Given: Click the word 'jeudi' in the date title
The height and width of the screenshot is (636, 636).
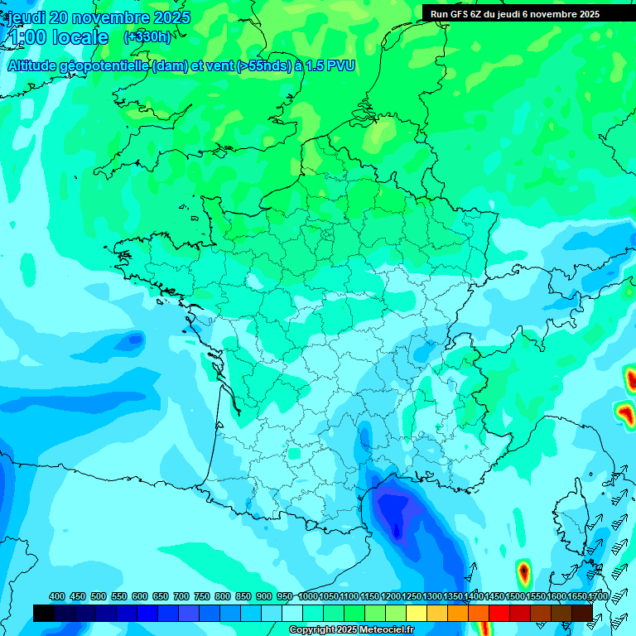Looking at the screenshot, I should [x=27, y=17].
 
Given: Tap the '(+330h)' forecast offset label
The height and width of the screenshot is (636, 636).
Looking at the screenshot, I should [x=147, y=36].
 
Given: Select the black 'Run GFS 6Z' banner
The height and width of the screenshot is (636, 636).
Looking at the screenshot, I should [x=528, y=13].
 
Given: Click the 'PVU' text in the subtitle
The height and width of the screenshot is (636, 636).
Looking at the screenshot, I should [x=340, y=66].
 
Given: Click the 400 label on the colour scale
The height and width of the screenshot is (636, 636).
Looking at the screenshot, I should [x=57, y=596].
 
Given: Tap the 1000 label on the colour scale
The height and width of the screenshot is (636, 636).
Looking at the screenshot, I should [x=308, y=596].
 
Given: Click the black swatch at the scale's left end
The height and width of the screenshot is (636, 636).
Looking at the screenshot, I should [x=44, y=613].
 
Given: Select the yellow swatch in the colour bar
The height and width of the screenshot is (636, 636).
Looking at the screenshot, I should [x=417, y=613].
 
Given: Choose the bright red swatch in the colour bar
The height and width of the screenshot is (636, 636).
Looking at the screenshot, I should [x=499, y=613].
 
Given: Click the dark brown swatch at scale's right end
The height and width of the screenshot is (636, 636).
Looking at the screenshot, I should [x=582, y=613].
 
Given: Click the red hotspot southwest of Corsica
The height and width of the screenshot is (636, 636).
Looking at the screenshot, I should [x=523, y=571].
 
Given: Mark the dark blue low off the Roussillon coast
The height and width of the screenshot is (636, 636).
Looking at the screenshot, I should [x=396, y=513].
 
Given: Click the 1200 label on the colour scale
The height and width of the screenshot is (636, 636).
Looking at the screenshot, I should [x=391, y=596].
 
